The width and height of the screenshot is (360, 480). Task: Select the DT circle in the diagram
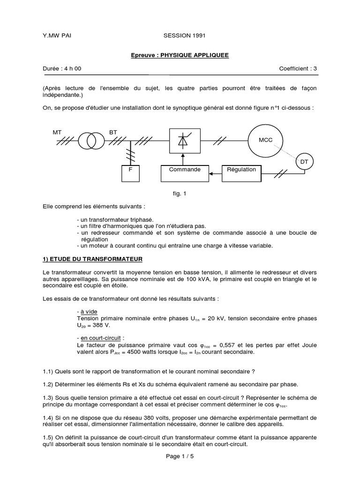(x=304, y=162)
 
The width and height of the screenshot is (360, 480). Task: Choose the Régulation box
(x=241, y=170)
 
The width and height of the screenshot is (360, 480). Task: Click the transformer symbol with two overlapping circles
(x=91, y=140)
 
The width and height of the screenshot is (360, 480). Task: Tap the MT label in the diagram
(x=57, y=133)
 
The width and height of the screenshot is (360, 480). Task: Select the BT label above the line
(x=113, y=133)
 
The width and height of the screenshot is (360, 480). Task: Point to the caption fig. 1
(x=180, y=193)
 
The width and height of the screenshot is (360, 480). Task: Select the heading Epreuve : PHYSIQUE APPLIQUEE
(x=180, y=55)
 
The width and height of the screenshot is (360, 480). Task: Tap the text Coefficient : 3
(x=298, y=68)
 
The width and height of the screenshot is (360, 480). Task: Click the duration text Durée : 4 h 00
(x=61, y=68)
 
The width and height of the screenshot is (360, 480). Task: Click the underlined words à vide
(x=86, y=312)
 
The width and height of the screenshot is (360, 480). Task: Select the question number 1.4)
(x=48, y=417)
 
